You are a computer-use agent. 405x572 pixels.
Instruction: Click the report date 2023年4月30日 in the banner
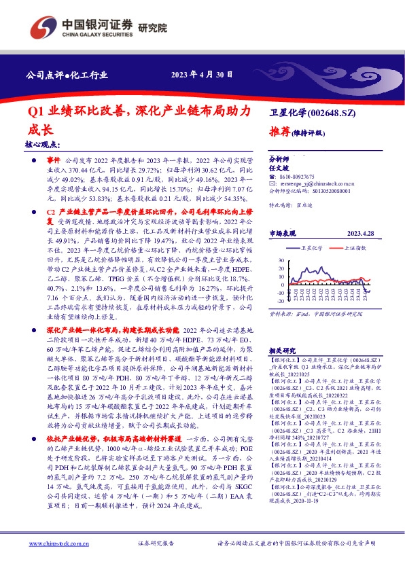tap(202, 74)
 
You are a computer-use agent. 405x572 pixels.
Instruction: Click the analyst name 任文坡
tap(279, 166)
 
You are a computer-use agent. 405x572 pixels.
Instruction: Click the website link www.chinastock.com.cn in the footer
tap(58, 543)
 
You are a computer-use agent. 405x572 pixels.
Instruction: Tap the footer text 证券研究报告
tap(156, 543)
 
